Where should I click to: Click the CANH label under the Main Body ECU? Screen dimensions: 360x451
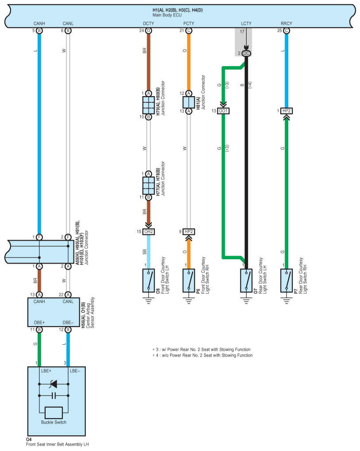click(39, 23)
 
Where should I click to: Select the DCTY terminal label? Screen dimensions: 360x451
click(148, 23)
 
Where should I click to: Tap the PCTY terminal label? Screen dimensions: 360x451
click(189, 23)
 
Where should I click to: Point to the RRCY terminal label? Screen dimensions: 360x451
click(286, 23)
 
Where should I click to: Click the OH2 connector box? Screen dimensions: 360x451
click(149, 232)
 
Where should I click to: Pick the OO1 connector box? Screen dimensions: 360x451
click(223, 111)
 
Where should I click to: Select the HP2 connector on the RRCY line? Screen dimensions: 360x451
click(286, 111)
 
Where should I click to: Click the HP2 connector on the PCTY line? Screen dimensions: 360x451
click(189, 232)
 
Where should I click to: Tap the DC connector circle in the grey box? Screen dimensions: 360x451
click(246, 53)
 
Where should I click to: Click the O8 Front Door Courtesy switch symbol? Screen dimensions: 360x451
click(148, 280)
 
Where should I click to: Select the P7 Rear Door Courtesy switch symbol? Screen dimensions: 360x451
click(286, 280)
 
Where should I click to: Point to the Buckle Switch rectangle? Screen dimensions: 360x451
click(54, 413)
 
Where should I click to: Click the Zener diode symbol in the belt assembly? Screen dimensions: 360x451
click(54, 384)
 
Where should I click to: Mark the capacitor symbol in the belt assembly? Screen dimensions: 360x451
click(54, 396)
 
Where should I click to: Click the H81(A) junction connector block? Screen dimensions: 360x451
click(189, 102)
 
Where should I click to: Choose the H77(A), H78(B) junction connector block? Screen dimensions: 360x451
click(148, 186)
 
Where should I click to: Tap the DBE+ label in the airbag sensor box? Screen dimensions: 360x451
click(39, 323)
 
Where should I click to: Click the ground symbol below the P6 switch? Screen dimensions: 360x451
click(189, 301)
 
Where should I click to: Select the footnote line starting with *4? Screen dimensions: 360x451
click(202, 355)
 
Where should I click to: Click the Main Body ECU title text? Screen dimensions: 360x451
click(167, 15)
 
